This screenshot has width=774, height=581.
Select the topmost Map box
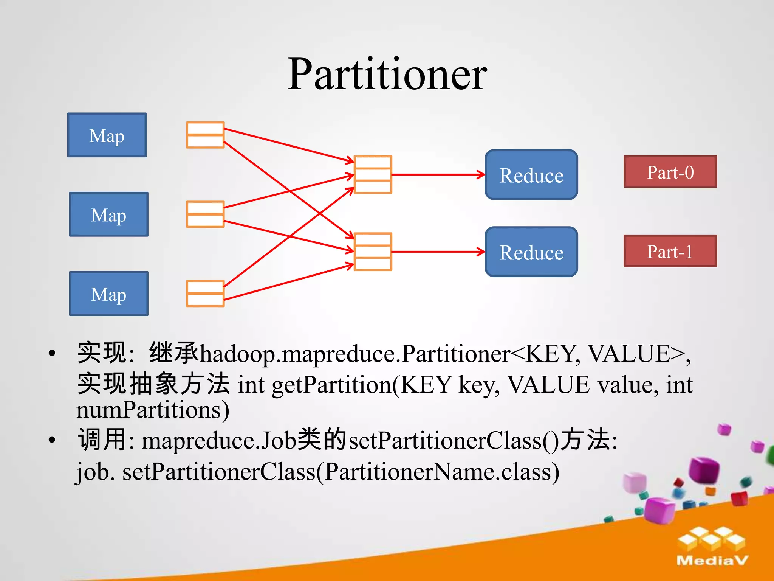107,135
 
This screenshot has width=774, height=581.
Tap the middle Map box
109,214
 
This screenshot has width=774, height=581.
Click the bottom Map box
109,294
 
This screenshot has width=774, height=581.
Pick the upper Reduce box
531,175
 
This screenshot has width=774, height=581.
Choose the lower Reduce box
531,252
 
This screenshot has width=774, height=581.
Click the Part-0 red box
670,172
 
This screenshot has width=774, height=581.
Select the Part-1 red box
670,251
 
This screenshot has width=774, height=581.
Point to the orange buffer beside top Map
205,135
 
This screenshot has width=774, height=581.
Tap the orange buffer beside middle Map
205,214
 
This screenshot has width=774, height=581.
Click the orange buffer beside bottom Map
205,294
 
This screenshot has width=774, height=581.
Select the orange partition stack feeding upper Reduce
373,175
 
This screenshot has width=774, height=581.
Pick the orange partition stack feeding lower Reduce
373,252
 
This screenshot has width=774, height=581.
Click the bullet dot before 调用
52,440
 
